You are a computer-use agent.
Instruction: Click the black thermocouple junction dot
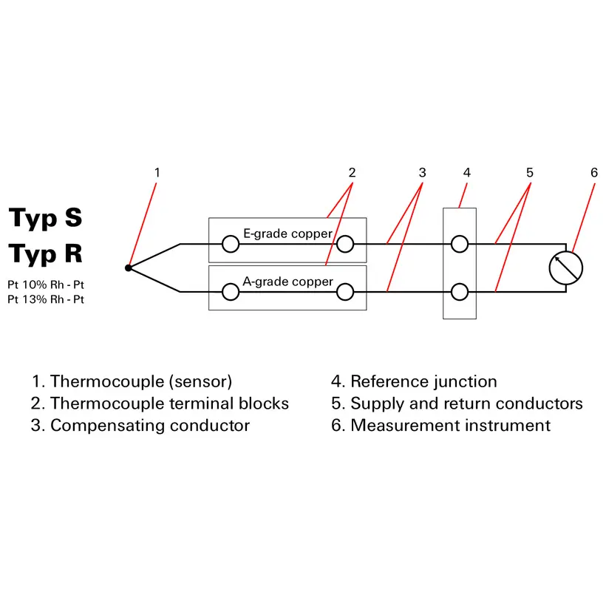(x=128, y=268)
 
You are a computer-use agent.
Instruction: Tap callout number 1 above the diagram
(x=157, y=173)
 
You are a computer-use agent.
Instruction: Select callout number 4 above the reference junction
(x=466, y=173)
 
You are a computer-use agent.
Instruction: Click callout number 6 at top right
(x=593, y=173)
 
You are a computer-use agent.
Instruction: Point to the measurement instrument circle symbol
(x=566, y=268)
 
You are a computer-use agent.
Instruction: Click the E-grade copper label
(x=287, y=234)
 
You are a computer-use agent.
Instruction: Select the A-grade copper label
(x=287, y=282)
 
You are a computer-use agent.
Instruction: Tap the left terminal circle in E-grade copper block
(x=231, y=244)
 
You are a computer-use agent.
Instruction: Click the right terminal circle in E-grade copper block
(x=344, y=244)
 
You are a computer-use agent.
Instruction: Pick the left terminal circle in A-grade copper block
(x=231, y=293)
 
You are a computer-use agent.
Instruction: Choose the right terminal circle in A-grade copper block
(x=344, y=293)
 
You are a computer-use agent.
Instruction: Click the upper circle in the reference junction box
(x=460, y=244)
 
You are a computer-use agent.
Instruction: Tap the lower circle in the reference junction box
(x=460, y=293)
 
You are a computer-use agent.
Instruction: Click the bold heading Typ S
(x=46, y=218)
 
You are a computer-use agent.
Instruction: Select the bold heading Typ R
(x=46, y=253)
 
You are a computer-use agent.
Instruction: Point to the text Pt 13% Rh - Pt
(x=46, y=299)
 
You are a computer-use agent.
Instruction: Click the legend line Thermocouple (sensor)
(x=132, y=382)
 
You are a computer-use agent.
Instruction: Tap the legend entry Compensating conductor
(x=141, y=426)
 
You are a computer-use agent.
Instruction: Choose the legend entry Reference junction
(x=414, y=382)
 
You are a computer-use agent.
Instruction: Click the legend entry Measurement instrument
(x=440, y=426)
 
